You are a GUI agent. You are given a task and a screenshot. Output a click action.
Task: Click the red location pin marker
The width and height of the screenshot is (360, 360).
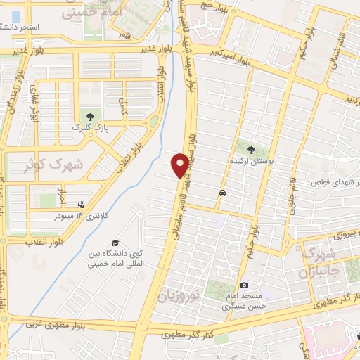[x=181, y=165]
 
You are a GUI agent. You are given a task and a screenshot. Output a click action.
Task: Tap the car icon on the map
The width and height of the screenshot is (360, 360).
[x=222, y=193]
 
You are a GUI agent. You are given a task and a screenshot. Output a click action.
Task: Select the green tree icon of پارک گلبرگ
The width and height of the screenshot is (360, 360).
[x=89, y=116]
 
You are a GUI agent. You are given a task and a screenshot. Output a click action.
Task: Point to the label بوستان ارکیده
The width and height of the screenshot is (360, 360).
[x=255, y=162]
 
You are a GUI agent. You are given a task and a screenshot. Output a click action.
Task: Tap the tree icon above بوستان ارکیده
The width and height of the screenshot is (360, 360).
[x=252, y=148]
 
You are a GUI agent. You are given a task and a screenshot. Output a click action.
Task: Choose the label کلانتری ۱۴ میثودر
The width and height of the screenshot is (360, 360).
[x=78, y=215]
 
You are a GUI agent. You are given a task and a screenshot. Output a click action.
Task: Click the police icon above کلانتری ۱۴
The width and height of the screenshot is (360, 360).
[x=81, y=204]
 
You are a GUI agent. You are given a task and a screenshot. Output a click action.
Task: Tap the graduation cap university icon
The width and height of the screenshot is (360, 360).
[x=115, y=243]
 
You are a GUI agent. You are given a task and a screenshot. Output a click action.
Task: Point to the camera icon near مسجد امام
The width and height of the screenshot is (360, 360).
[x=244, y=285]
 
